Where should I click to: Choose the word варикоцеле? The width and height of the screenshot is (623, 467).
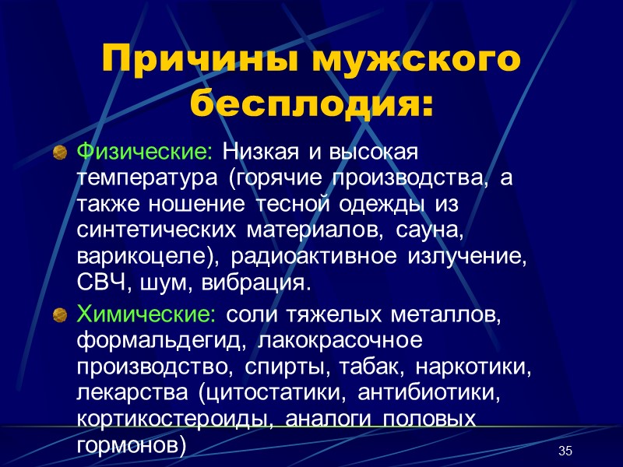[x=148, y=258]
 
